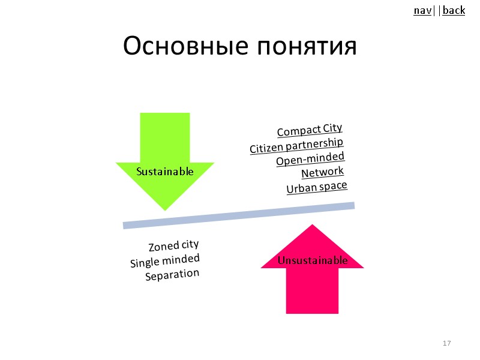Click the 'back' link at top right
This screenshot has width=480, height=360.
[x=454, y=10]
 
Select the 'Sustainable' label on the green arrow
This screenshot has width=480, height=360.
[x=165, y=172]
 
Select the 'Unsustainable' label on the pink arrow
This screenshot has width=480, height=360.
[x=312, y=260]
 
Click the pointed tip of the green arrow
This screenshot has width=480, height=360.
[x=165, y=208]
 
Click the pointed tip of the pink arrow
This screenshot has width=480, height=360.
[x=312, y=226]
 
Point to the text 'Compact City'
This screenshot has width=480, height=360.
[x=310, y=130]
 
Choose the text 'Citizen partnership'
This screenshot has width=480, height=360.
[x=296, y=146]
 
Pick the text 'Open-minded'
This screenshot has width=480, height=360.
[x=310, y=160]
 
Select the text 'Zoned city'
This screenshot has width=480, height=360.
[x=173, y=246]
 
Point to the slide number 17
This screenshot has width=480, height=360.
[x=446, y=343]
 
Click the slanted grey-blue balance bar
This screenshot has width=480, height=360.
[x=239, y=215]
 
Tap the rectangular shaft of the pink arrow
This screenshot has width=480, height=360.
[x=312, y=291]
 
